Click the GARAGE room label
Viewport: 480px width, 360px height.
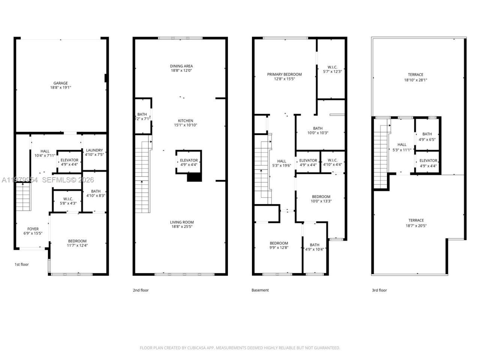[60, 83]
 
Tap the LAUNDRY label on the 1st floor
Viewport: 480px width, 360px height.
[94, 150]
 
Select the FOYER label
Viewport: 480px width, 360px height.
[33, 229]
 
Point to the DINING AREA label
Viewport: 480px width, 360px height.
[181, 66]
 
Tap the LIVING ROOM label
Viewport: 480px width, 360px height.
[181, 222]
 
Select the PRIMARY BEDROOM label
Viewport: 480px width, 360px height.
[284, 74]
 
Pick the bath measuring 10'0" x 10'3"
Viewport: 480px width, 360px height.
[318, 130]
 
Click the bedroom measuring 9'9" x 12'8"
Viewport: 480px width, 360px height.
[279, 245]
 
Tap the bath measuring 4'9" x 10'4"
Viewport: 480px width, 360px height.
[315, 247]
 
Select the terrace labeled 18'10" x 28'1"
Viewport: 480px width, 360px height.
[415, 77]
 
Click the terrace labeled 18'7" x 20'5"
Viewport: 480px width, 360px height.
[416, 223]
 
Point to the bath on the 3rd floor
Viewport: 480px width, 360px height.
[427, 136]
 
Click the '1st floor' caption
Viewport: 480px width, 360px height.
[22, 264]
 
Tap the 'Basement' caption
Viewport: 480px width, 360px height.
[260, 290]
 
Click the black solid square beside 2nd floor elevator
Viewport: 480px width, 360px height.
[194, 178]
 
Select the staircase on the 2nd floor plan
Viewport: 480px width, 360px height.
[143, 176]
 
